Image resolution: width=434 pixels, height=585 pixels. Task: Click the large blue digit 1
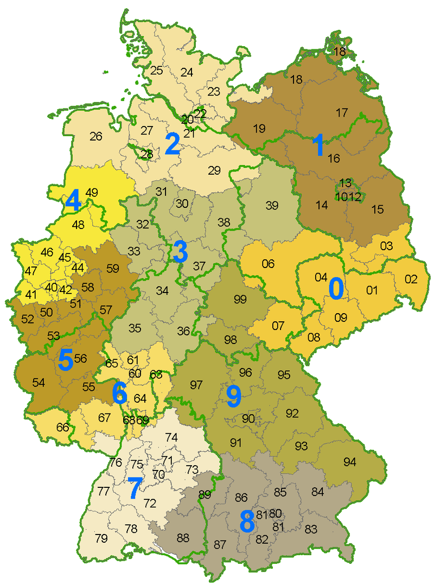click(318, 147)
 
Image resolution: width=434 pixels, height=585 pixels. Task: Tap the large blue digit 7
click(134, 488)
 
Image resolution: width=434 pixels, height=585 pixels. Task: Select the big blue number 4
click(73, 202)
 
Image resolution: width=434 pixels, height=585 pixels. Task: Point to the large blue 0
click(336, 289)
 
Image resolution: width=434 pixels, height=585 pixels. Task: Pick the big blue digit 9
click(234, 397)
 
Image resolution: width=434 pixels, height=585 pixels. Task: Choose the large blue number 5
click(66, 360)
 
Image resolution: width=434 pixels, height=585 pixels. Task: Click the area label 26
click(96, 136)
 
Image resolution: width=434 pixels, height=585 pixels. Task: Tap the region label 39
click(272, 205)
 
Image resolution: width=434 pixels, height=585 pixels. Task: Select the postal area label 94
click(350, 462)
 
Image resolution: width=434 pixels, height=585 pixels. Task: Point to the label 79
click(101, 538)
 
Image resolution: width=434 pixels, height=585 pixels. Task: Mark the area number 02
click(411, 279)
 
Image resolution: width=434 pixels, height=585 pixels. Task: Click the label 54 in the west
click(39, 383)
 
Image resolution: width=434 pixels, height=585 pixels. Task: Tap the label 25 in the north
click(157, 70)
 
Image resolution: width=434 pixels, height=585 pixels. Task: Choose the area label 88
click(183, 538)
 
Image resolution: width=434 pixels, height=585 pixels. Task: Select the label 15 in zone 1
click(377, 208)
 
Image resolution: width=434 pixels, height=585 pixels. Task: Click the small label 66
click(63, 427)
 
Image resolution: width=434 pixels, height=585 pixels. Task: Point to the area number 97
click(196, 385)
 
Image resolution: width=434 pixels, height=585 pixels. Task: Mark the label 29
click(214, 170)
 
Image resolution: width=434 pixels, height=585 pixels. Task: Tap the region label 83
click(311, 529)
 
